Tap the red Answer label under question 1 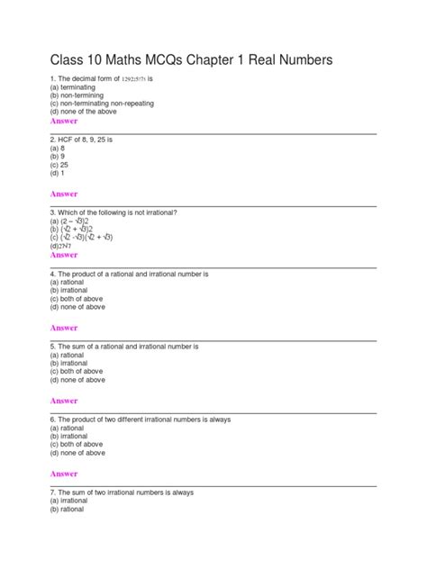64,121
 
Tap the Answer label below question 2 64,194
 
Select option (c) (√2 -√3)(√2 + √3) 81,238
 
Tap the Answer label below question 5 64,401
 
